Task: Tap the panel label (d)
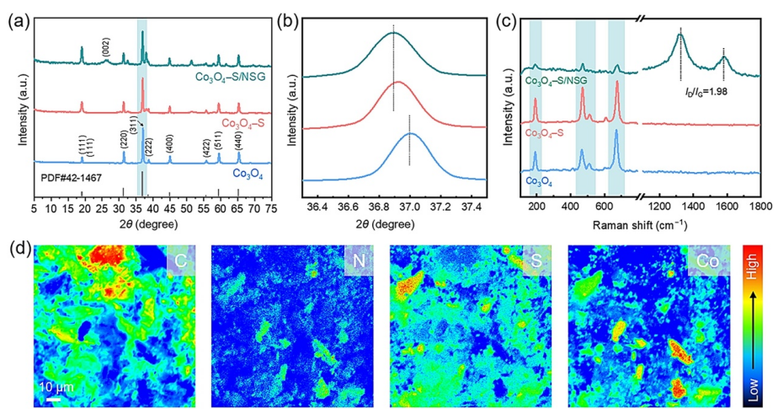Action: pos(18,251)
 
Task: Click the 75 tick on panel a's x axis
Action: pos(270,205)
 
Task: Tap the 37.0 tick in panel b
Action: pos(410,205)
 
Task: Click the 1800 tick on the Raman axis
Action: pos(760,205)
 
